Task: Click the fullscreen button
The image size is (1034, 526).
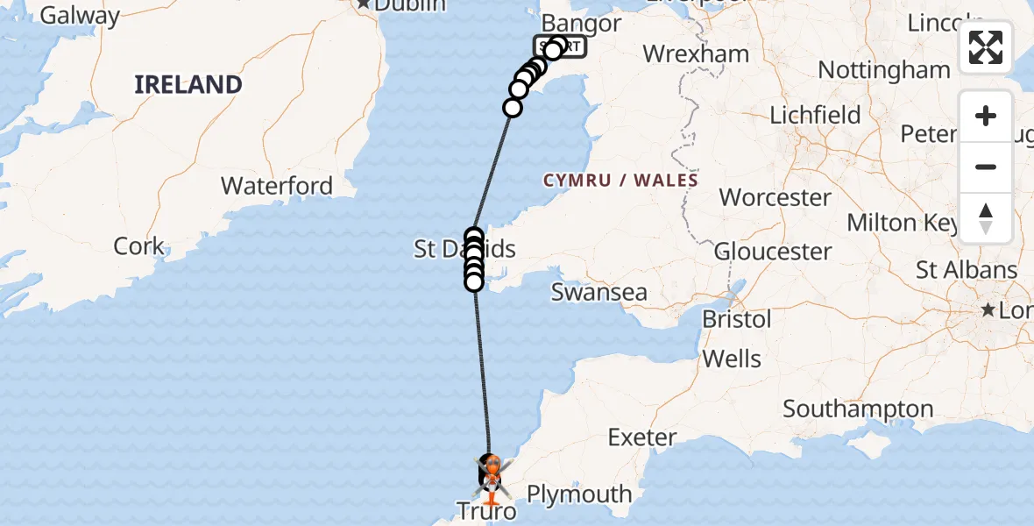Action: point(986,47)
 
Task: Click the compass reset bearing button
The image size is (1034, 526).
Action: point(986,218)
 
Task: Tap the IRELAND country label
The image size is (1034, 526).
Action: point(188,85)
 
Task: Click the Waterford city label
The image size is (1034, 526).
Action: point(277,186)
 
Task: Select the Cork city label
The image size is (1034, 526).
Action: point(138,245)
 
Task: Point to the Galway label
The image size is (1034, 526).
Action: point(80,15)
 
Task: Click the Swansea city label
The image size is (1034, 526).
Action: point(598,292)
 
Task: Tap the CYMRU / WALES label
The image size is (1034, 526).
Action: point(620,181)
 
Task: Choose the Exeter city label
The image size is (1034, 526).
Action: point(642,437)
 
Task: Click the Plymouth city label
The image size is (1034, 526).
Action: point(579,494)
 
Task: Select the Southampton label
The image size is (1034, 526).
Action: point(858,409)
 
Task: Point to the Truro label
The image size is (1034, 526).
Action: point(485,510)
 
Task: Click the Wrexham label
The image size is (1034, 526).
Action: point(696,53)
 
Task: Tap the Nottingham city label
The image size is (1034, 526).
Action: point(883,69)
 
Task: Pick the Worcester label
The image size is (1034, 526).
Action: point(775,196)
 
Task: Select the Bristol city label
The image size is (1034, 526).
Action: point(737,319)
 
